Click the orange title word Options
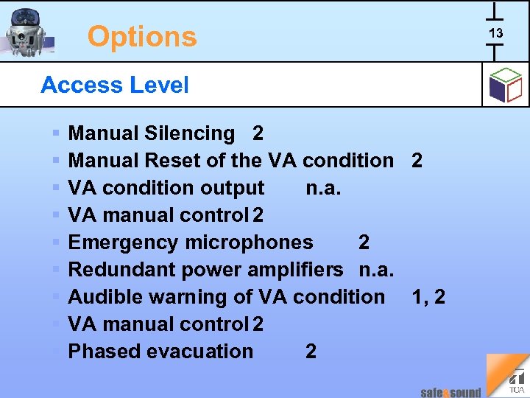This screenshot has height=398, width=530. (x=142, y=36)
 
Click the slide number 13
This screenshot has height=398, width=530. (x=495, y=33)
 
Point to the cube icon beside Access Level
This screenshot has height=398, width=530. (x=505, y=85)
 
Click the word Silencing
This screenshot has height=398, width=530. (x=190, y=133)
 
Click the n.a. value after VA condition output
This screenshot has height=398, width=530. (x=323, y=188)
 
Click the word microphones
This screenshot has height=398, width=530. (x=250, y=242)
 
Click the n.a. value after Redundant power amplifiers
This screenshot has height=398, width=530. (x=376, y=270)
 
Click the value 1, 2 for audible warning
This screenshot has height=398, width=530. (x=428, y=297)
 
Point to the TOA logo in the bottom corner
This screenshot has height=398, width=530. (x=517, y=381)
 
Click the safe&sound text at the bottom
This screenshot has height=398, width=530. (x=451, y=392)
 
